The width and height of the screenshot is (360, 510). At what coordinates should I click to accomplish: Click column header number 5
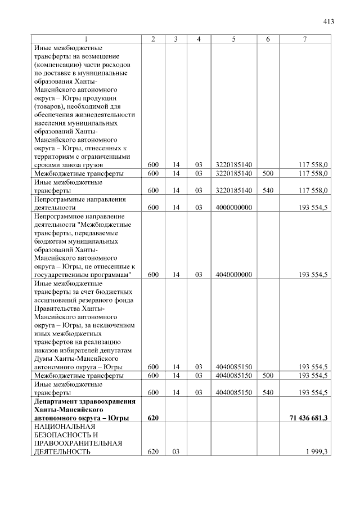(233, 39)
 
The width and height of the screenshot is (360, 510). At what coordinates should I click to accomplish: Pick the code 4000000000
(233, 207)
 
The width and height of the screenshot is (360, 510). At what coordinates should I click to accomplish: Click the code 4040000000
(233, 275)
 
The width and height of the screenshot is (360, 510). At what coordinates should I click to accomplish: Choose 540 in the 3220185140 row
(268, 190)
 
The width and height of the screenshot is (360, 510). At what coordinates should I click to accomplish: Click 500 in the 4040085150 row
(268, 375)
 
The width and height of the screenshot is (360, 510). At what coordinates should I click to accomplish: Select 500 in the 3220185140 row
(268, 173)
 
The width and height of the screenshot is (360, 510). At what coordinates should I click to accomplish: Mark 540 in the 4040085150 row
(268, 392)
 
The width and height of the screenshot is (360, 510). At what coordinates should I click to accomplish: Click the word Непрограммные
(60, 199)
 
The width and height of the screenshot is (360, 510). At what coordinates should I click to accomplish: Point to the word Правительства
(59, 308)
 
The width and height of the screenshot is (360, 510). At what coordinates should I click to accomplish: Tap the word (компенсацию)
(59, 64)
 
